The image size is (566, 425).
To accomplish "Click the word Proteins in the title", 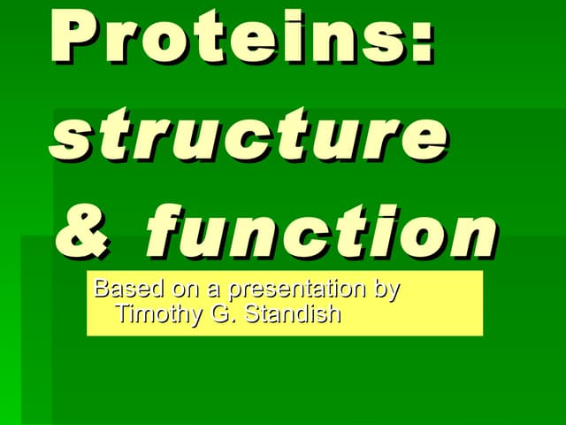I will [230, 37].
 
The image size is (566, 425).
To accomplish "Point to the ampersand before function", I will [85, 232].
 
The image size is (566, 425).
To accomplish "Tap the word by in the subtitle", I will [387, 290].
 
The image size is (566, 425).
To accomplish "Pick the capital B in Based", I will [101, 289].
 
